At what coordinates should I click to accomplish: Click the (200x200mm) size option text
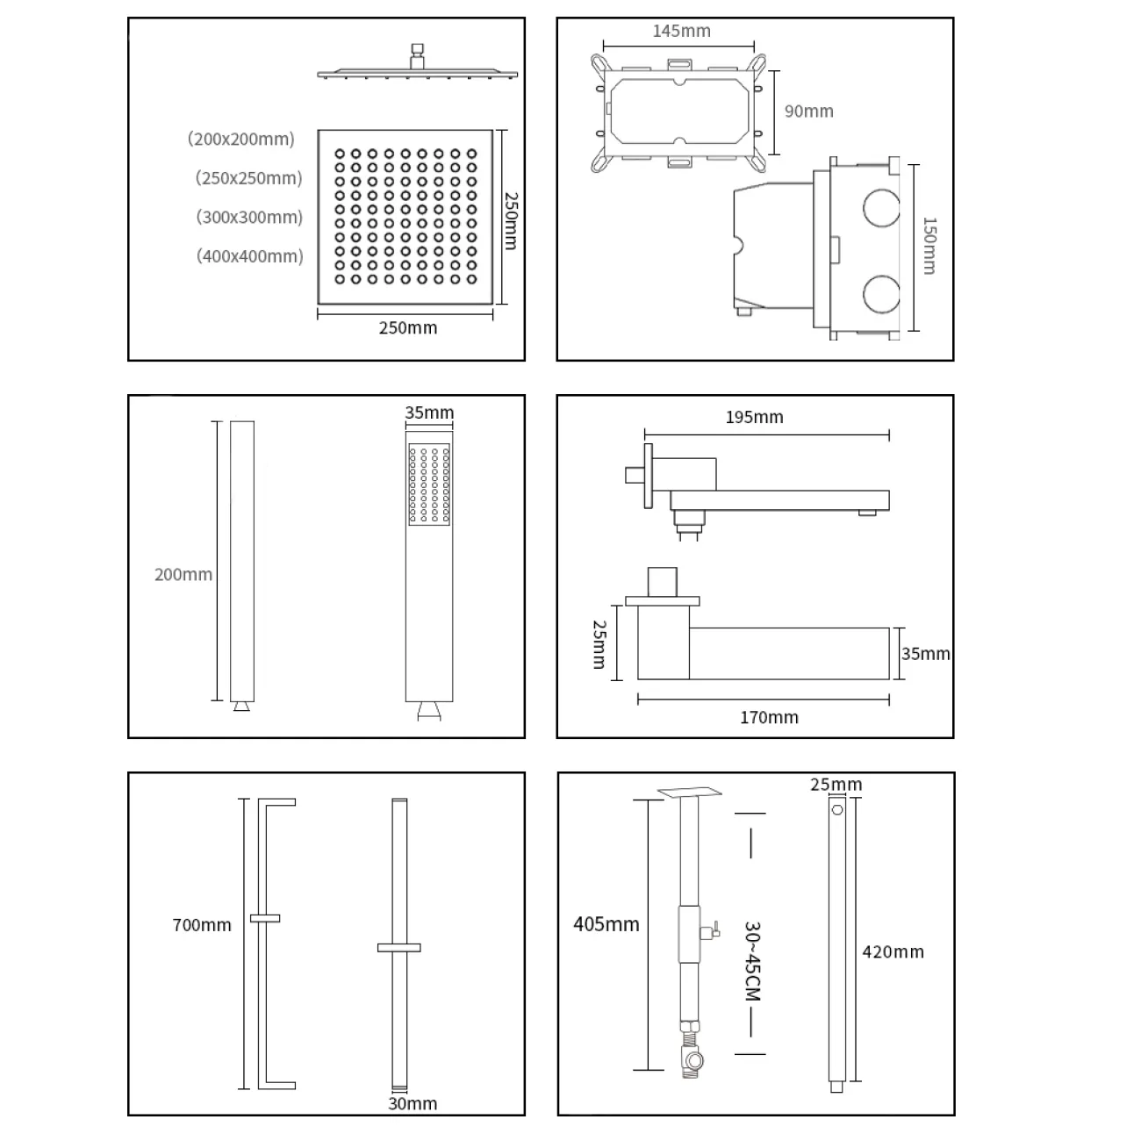pos(240,139)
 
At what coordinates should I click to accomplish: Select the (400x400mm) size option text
pos(249,256)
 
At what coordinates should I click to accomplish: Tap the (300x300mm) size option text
pos(249,217)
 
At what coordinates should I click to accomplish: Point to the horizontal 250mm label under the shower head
pos(407,328)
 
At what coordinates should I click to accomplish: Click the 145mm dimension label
pos(681,31)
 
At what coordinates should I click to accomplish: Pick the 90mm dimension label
pos(808,111)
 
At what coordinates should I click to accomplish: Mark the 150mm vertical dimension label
pos(929,246)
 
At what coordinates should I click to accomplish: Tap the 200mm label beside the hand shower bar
pos(183,575)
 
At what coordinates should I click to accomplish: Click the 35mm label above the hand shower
pos(429,413)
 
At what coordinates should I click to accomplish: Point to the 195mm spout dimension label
pos(754,417)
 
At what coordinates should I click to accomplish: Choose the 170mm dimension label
pos(769,717)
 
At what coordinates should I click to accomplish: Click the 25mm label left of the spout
pos(599,644)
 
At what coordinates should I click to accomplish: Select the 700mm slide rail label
pos(202,925)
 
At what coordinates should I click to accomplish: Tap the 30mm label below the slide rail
pos(413,1103)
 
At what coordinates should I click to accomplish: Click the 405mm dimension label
pos(606,924)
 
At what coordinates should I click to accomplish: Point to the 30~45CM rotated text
pos(751,960)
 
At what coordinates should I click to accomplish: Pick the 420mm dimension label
pos(893,951)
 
